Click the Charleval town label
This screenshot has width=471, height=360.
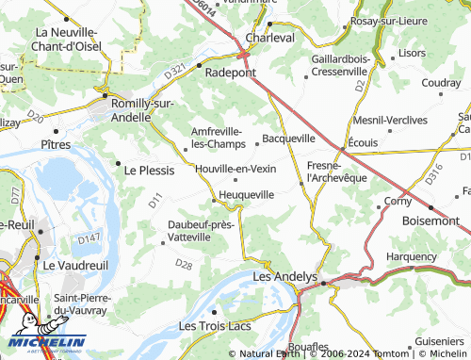point(269,38)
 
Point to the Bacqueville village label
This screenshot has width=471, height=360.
point(288,139)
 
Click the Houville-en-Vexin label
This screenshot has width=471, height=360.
point(235,168)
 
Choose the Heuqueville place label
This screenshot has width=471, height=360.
point(246,194)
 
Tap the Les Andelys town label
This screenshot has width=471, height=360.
point(287,277)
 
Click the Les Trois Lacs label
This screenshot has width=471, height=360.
point(218,325)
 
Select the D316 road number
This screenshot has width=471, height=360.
point(432,174)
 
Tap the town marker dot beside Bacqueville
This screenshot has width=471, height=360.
point(257,144)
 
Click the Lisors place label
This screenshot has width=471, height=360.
point(412,54)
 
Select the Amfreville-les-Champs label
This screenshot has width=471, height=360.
point(218,138)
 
